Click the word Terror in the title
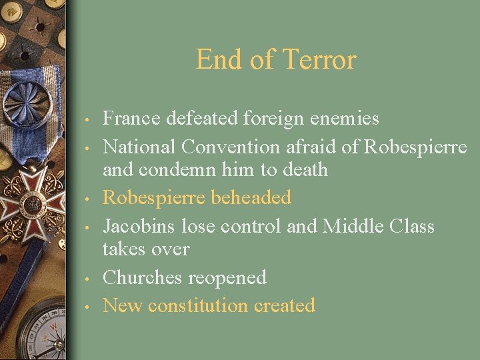[x=319, y=60]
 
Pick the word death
[x=304, y=169]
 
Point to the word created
[x=285, y=305]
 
